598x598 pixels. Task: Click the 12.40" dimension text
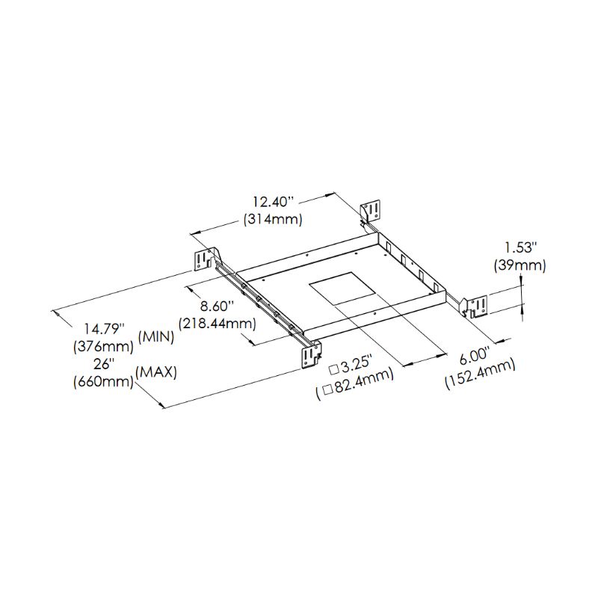click(274, 202)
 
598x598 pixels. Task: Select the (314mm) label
click(273, 219)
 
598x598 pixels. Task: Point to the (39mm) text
click(520, 265)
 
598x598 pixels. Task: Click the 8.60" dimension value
click(217, 306)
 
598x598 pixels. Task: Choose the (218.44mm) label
click(218, 324)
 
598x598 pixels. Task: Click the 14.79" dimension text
click(104, 328)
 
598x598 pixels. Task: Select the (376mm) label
click(103, 346)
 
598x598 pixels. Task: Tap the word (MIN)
click(156, 337)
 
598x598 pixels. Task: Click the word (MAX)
click(156, 372)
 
